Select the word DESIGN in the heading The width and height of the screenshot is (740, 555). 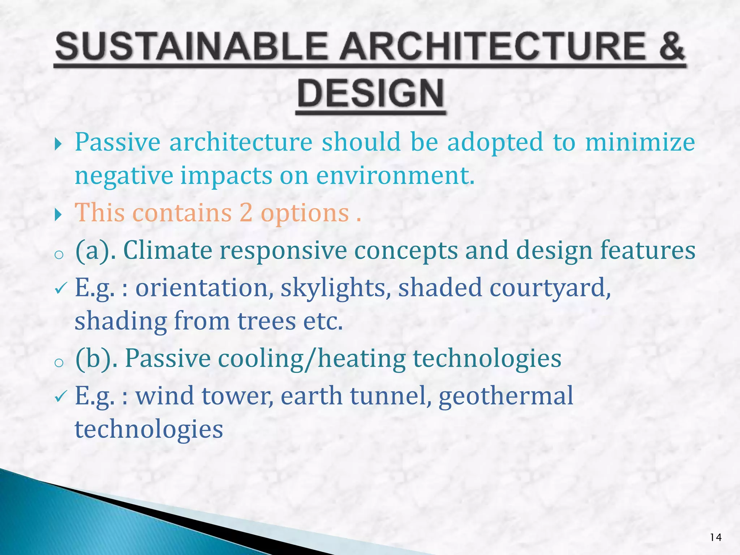[x=371, y=93]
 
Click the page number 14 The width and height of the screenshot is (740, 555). [x=715, y=538]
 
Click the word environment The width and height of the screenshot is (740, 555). [x=395, y=176]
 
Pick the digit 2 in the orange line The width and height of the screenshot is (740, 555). [x=246, y=212]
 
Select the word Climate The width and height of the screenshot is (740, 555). [x=168, y=250]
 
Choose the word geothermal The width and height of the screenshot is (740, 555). [x=506, y=396]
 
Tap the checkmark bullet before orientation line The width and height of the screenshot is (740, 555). [x=60, y=288]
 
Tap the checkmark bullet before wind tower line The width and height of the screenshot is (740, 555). [x=60, y=397]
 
